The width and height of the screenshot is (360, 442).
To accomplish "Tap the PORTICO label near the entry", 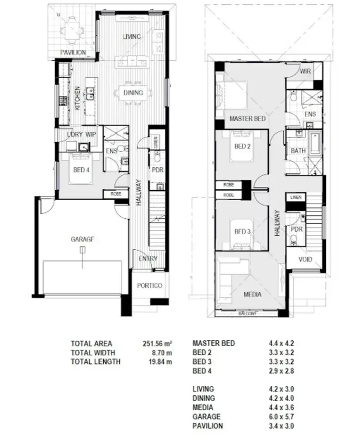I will pos(149,286).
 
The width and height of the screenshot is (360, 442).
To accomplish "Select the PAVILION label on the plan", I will pos(73,52).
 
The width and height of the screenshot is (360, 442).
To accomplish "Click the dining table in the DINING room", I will pos(133,93).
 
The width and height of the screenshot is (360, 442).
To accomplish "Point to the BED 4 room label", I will pos(81,170).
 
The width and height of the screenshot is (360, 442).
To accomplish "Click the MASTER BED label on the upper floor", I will pos(247,118).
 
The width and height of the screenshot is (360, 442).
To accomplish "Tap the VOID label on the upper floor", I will pos(305,260).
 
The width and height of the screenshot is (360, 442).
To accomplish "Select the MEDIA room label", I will pos(252,295).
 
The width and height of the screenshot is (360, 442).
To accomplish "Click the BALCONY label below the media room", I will pos(248,314).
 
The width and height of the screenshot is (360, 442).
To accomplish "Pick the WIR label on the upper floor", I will pos(306,71).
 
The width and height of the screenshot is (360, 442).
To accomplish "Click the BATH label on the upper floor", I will pos(299,151).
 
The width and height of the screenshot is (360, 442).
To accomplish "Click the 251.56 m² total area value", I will pos(154,344).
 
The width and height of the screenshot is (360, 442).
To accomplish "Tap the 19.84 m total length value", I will pos(160,362).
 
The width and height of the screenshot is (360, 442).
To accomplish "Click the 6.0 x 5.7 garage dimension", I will pos(281,417).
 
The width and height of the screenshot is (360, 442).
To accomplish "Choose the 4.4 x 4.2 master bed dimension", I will pos(281,344).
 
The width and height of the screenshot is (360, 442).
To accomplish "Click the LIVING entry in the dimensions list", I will pos(203,389).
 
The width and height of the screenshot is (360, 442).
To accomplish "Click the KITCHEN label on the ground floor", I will pos(77,99).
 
